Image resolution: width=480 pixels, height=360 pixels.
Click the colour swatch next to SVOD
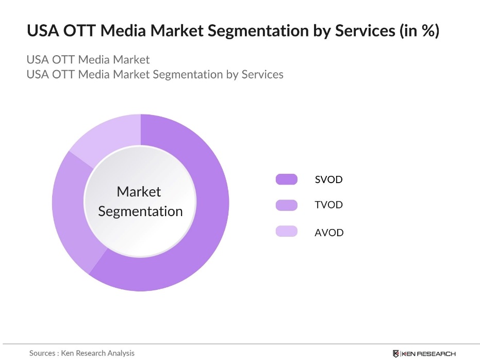pos(286,179)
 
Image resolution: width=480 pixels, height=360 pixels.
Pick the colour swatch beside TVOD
pos(286,205)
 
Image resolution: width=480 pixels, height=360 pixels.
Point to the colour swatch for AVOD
pos(286,232)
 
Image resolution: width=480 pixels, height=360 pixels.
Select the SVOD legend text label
pos(328,179)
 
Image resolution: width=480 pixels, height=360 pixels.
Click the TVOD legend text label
pos(328,205)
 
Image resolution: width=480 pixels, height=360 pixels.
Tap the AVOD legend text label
pos(329,232)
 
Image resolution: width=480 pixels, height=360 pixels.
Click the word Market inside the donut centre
pos(139,192)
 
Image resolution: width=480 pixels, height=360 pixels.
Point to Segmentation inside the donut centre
pos(140,211)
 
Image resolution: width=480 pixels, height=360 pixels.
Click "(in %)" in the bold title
pos(419,31)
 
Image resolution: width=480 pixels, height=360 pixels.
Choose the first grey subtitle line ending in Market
pos(88,59)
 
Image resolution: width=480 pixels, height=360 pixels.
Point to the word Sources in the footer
pos(42,353)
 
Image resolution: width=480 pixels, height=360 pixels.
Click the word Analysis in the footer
pos(120,353)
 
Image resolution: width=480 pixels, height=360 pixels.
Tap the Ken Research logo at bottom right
pos(424,353)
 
